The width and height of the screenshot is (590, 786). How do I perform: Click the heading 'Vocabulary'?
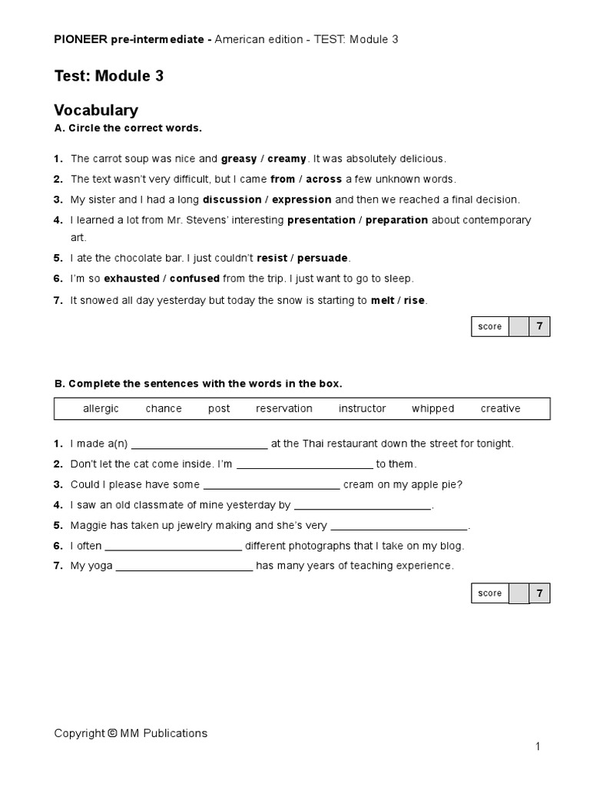[x=96, y=111]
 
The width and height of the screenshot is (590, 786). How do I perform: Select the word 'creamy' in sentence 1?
[x=287, y=159]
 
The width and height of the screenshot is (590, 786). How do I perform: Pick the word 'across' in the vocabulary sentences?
[x=323, y=179]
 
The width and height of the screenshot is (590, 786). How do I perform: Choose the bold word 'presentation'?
[x=321, y=220]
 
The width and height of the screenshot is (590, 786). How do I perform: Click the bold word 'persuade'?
[x=323, y=259]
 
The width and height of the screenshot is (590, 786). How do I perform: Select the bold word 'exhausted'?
[x=131, y=279]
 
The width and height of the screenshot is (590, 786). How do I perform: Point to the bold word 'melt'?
[x=383, y=300]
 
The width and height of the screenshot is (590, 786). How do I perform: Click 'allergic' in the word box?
[x=101, y=408]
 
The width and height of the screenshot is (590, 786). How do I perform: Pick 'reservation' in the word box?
[x=284, y=408]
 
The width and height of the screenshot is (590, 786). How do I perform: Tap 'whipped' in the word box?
[x=433, y=408]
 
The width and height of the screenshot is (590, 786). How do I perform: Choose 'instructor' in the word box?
[x=362, y=408]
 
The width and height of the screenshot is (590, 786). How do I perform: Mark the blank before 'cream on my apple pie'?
[x=271, y=486]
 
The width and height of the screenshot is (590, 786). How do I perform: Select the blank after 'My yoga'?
[x=184, y=567]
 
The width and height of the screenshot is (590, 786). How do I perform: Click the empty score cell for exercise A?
[x=519, y=326]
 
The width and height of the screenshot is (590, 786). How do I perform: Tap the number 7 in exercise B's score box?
[x=540, y=593]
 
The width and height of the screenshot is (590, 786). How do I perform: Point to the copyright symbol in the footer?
[x=112, y=733]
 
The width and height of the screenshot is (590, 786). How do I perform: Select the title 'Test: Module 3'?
[x=108, y=76]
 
